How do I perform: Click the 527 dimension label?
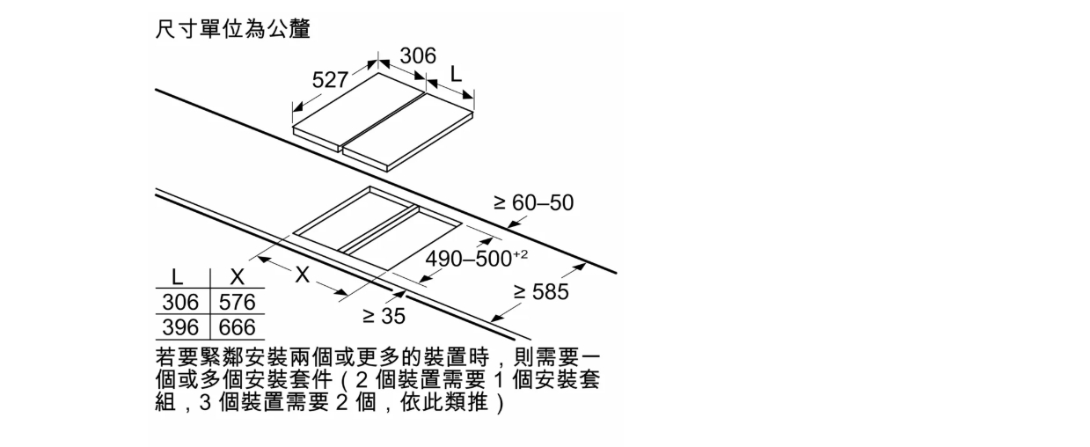330,80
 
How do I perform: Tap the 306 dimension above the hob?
418,55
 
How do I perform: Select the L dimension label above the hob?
456,75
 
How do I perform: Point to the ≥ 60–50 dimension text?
534,202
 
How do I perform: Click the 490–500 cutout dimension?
469,259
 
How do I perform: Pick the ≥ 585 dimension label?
541,291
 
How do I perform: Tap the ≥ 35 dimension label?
384,316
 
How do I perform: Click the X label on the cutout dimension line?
302,275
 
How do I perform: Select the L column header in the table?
178,277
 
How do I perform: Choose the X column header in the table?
237,277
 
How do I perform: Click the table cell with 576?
237,302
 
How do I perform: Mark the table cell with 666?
237,327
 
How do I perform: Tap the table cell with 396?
180,327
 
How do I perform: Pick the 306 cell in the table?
180,302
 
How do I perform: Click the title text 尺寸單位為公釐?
232,29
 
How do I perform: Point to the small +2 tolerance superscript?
520,254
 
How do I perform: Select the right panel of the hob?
408,131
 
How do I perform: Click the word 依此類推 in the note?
443,403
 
